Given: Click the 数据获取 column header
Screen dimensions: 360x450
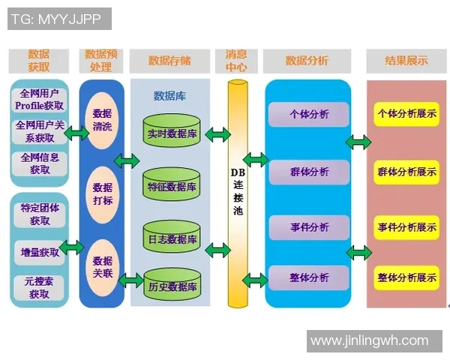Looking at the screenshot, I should pyautogui.click(x=39, y=61).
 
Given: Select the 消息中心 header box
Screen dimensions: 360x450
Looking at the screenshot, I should pyautogui.click(x=236, y=61).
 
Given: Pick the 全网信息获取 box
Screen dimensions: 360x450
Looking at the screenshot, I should pyautogui.click(x=39, y=163).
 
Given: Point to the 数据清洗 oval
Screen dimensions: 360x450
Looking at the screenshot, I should pyautogui.click(x=102, y=119).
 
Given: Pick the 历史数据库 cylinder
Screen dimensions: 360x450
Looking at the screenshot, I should pyautogui.click(x=172, y=285).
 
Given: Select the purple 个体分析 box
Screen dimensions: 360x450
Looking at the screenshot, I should pyautogui.click(x=309, y=115).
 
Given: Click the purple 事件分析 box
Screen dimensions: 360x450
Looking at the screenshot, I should pyautogui.click(x=309, y=227).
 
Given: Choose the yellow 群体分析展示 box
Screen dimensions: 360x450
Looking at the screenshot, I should pyautogui.click(x=407, y=172).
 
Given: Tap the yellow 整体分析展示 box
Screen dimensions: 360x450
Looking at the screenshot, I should pyautogui.click(x=407, y=278).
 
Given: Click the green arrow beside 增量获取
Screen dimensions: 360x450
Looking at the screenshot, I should pyautogui.click(x=73, y=247).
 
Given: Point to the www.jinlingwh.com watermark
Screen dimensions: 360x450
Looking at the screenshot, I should pyautogui.click(x=369, y=341).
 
